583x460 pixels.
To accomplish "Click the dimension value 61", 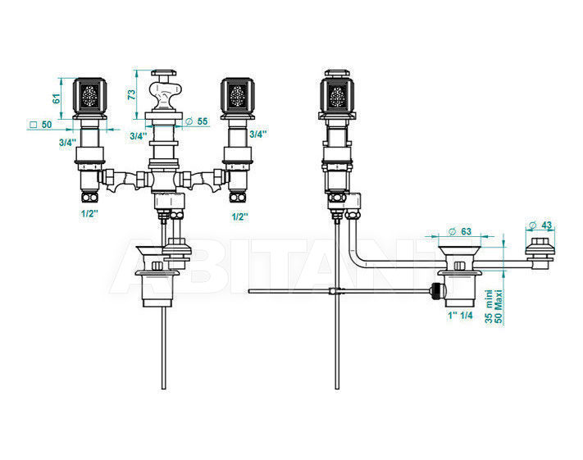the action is point(56,98).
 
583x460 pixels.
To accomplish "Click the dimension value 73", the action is point(132,94).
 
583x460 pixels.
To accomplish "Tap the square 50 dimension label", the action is point(41,125).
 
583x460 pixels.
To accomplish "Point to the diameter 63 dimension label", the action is point(460,231).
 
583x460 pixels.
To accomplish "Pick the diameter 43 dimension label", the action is point(540,225).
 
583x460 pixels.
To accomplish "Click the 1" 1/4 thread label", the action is point(460,316).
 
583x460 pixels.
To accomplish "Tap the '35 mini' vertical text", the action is point(490,307).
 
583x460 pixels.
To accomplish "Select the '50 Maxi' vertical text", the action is point(499,307).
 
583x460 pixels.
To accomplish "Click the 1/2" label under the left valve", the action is point(89,213).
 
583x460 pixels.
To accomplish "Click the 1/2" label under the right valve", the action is point(239,216).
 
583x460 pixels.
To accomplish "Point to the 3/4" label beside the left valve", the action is point(67,142).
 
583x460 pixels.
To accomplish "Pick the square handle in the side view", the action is point(336,93).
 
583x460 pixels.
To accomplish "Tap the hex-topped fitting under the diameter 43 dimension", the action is point(540,252).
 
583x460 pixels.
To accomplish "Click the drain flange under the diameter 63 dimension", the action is point(458,251).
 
